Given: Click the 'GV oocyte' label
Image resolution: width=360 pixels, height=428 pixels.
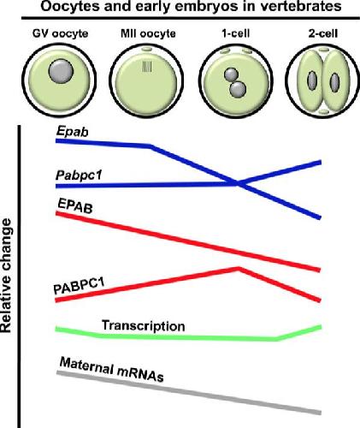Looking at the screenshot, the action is pyautogui.click(x=61, y=33).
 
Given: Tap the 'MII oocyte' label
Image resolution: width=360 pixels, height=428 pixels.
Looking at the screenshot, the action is pyautogui.click(x=148, y=33).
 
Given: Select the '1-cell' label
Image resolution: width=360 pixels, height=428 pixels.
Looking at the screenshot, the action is pyautogui.click(x=236, y=33).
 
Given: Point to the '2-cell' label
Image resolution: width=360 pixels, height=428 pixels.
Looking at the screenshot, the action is pyautogui.click(x=323, y=33).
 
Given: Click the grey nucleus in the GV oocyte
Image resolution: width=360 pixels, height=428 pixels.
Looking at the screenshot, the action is pyautogui.click(x=61, y=72).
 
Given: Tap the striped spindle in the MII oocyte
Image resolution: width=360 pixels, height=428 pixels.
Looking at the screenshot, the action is pyautogui.click(x=147, y=67).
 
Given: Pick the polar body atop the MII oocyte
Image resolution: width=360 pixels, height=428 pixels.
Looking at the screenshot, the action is pyautogui.click(x=147, y=50).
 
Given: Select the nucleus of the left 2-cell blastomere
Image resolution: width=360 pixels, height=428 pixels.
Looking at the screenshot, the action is pyautogui.click(x=311, y=81).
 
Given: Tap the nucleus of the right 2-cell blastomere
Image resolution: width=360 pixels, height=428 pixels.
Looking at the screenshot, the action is pyautogui.click(x=334, y=82).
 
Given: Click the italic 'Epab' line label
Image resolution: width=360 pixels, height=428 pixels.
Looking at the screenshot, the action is pyautogui.click(x=72, y=132).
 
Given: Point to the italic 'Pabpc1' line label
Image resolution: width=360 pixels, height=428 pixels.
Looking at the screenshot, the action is pyautogui.click(x=79, y=175).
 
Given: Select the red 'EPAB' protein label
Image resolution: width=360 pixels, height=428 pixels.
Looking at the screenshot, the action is pyautogui.click(x=75, y=205).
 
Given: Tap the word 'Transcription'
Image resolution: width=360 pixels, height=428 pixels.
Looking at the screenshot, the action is pyautogui.click(x=144, y=325).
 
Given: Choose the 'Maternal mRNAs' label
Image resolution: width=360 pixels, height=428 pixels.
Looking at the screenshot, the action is pyautogui.click(x=112, y=369).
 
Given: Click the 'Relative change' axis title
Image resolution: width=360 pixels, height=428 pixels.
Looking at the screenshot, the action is pyautogui.click(x=6, y=276).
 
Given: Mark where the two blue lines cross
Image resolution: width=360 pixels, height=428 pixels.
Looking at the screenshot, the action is pyautogui.click(x=239, y=184).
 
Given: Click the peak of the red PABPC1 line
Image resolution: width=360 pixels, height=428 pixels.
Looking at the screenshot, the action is pyautogui.click(x=239, y=268).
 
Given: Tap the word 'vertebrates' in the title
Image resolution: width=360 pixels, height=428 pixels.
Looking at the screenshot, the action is pyautogui.click(x=297, y=6).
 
